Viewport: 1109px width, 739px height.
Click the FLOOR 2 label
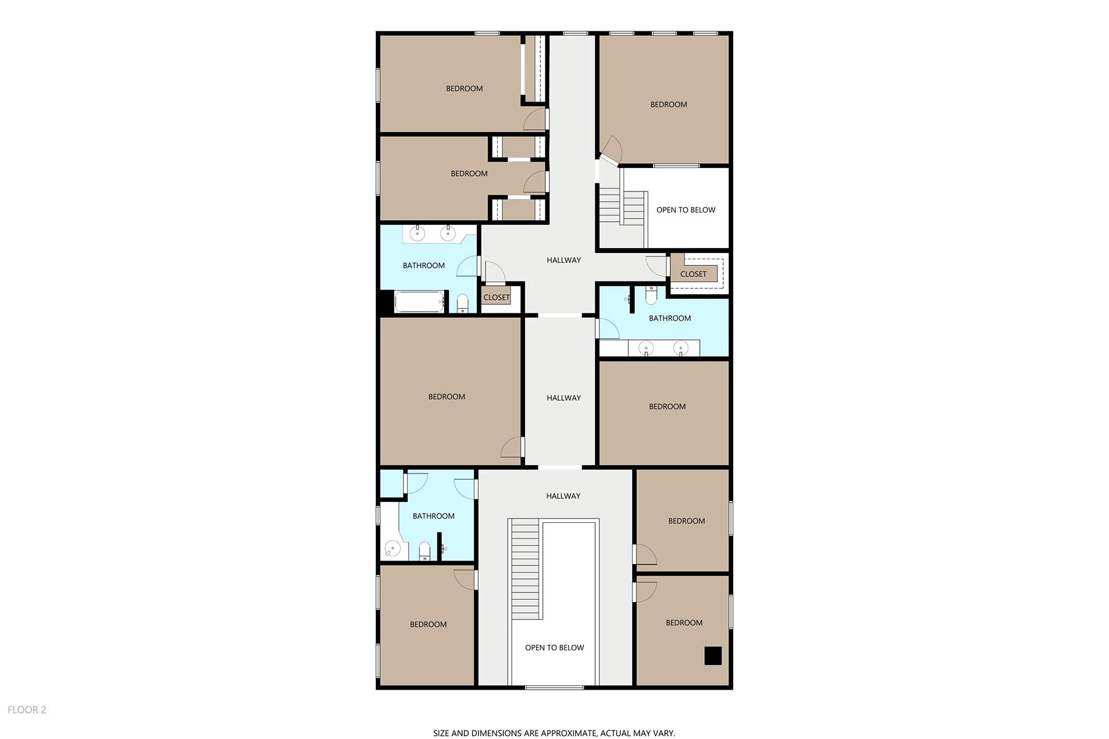[x=27, y=710]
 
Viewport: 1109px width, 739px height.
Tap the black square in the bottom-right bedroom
[x=713, y=656]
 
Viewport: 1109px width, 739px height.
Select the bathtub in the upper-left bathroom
[x=419, y=302]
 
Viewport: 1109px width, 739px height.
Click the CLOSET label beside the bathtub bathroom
[x=497, y=297]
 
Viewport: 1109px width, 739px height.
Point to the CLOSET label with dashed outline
[x=693, y=274]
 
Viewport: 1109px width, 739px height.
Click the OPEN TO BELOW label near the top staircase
[x=686, y=210]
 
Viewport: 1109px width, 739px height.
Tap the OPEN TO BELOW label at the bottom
[x=554, y=648]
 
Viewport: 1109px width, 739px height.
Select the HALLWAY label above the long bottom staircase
[x=563, y=496]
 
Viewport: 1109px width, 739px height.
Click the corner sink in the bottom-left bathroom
[x=392, y=548]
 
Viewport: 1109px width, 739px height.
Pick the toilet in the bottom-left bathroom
[x=425, y=550]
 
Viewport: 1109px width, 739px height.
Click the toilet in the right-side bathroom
[x=651, y=296]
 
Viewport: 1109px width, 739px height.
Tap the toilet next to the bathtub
[x=463, y=303]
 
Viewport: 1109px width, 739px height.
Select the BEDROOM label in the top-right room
[x=668, y=105]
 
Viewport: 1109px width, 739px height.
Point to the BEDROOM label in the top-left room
[x=465, y=89]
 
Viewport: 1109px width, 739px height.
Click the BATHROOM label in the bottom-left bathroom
[x=434, y=516]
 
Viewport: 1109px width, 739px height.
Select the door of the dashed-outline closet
[x=657, y=265]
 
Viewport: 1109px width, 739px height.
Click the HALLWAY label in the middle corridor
[x=564, y=398]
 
